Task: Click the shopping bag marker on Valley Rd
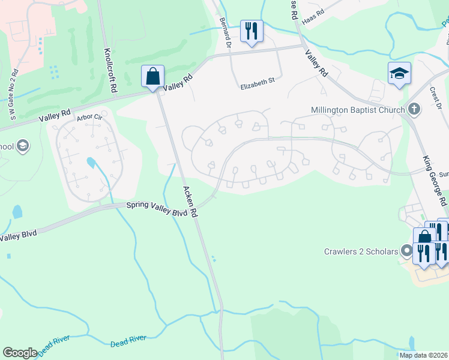[x=153, y=77]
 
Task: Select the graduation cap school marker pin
[x=399, y=73]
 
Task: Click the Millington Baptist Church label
[x=357, y=110]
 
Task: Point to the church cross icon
[x=413, y=109]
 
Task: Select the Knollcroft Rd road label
[x=110, y=70]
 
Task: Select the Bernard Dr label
[x=225, y=32]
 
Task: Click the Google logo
[x=20, y=352]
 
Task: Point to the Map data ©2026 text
[x=423, y=355]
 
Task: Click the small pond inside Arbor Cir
[x=90, y=162]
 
